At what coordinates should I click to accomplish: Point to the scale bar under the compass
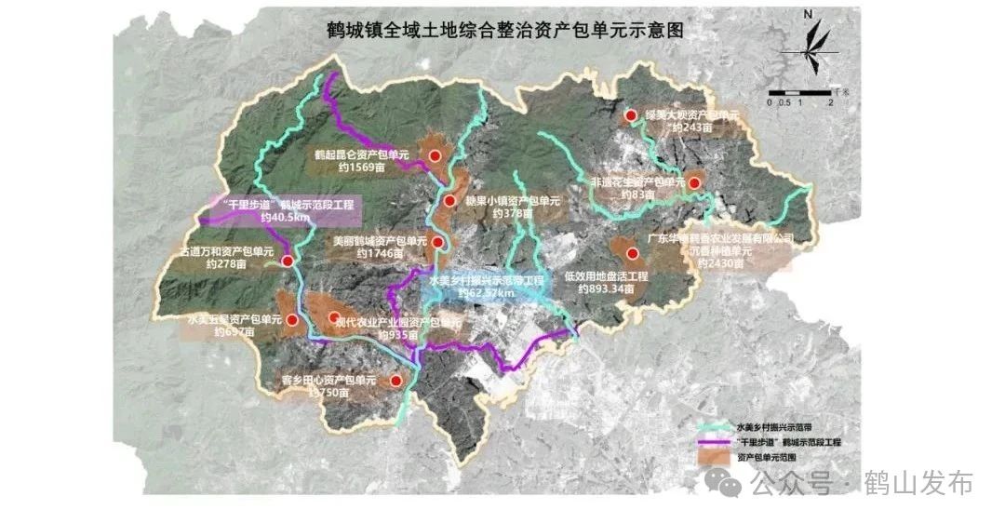pos(797,92)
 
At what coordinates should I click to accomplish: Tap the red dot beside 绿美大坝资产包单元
pos(631,115)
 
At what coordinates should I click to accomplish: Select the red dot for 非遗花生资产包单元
pos(694,181)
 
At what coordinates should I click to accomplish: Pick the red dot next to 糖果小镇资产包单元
pos(449,201)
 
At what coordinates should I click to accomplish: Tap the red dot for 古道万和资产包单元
pos(288,261)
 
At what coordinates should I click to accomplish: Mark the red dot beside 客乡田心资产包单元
pos(396,381)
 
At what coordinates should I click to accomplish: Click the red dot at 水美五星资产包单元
pos(293,321)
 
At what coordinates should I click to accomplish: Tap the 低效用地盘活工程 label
pos(606,276)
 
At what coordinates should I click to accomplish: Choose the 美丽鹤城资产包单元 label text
pos(379,240)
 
